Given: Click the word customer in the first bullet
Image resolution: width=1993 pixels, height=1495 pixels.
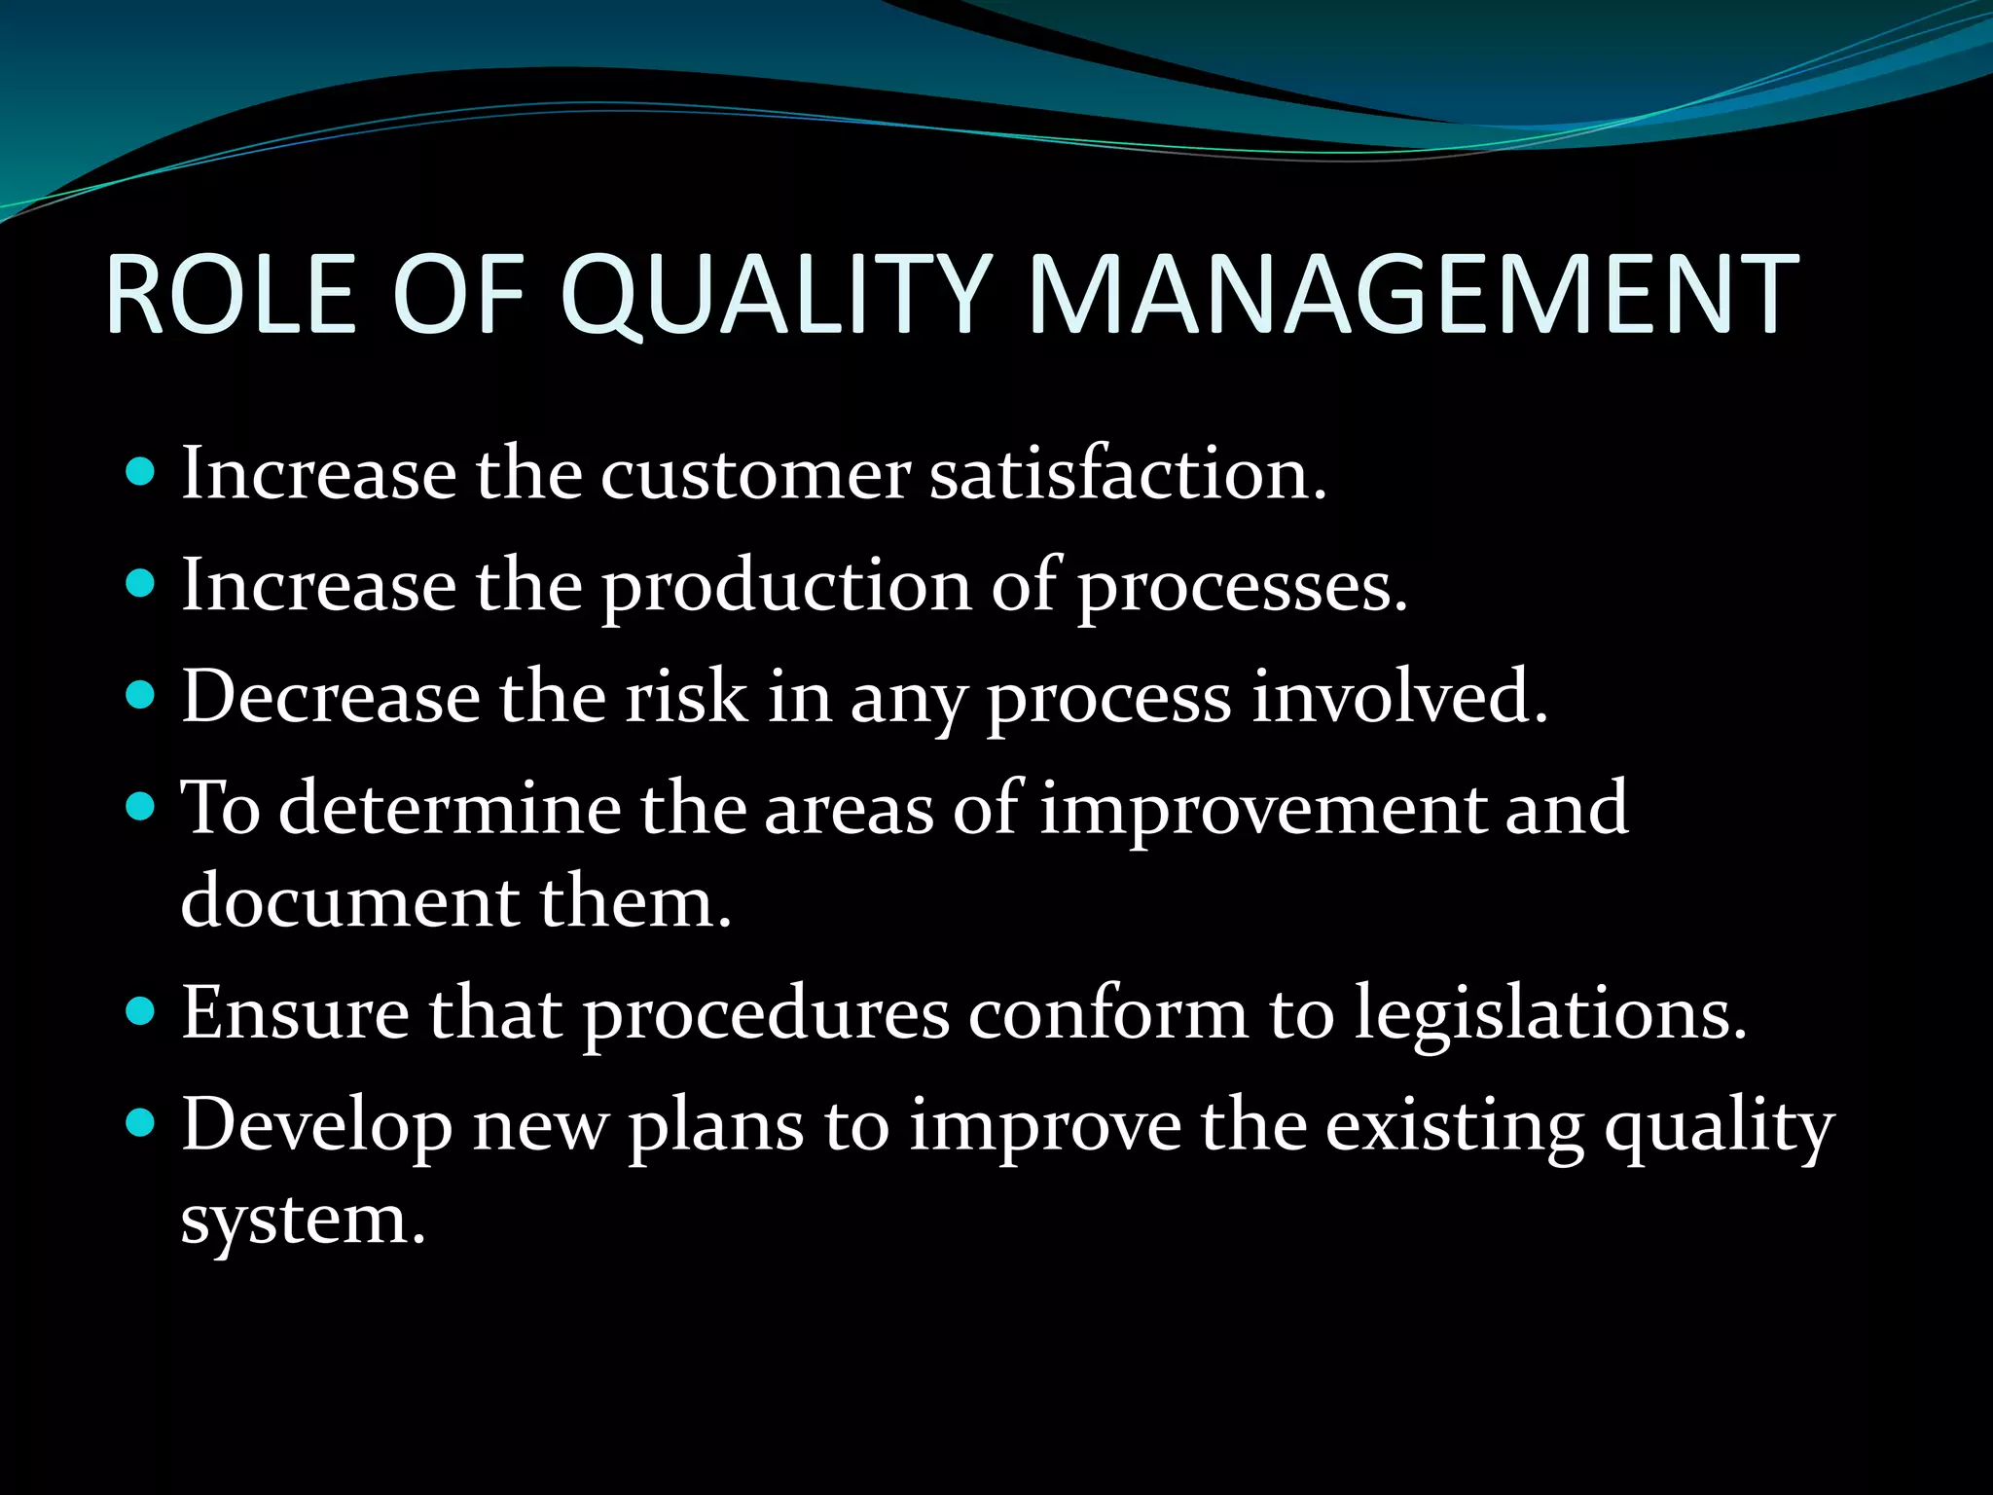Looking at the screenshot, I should pyautogui.click(x=755, y=475).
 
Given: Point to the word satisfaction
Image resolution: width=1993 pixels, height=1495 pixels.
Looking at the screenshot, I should pyautogui.click(x=1128, y=475).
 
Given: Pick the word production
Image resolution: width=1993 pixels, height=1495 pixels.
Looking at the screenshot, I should pyautogui.click(x=785, y=588).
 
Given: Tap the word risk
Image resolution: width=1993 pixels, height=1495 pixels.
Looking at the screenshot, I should pyautogui.click(x=686, y=697).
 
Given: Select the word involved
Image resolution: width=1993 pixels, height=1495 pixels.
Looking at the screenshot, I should pyautogui.click(x=1398, y=697).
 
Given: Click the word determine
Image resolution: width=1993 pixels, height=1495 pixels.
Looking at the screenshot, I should pyautogui.click(x=450, y=808).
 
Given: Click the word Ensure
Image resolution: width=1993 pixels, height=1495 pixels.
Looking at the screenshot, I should pyautogui.click(x=295, y=1013).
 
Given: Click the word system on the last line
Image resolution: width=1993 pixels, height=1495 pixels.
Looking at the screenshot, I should pyautogui.click(x=303, y=1221).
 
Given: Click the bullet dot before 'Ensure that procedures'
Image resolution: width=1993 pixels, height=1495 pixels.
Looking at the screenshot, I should pyautogui.click(x=141, y=1012).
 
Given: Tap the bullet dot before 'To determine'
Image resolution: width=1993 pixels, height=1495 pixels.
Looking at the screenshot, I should pyautogui.click(x=141, y=806).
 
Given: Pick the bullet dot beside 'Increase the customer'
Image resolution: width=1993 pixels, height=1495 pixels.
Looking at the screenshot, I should pyautogui.click(x=141, y=473).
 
